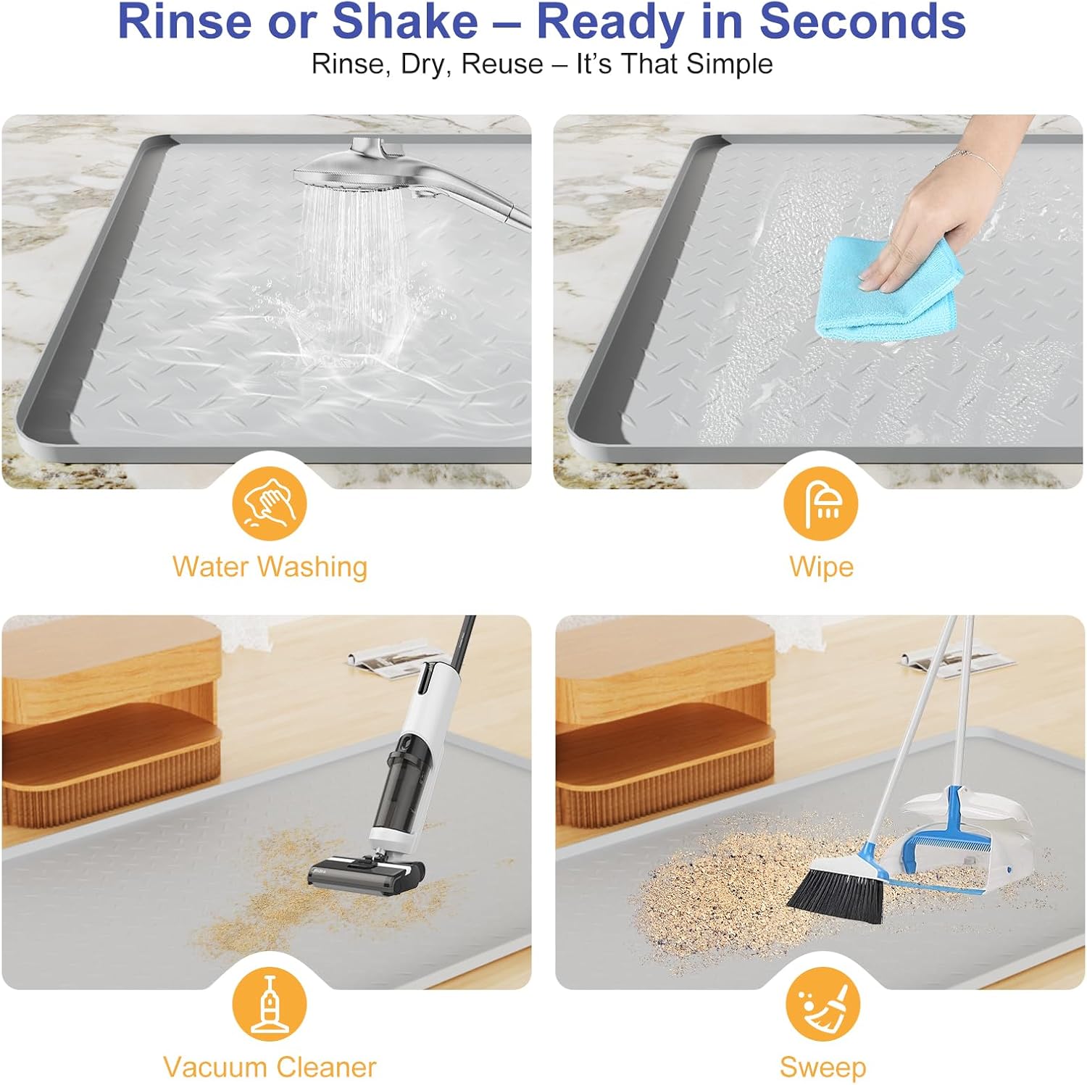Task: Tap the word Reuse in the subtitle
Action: [x=502, y=64]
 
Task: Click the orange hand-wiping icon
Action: [x=270, y=503]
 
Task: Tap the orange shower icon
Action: [x=821, y=503]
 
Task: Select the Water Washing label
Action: [x=270, y=567]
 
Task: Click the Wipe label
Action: [x=821, y=567]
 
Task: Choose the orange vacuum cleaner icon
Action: [x=270, y=1004]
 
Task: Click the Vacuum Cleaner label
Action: [x=270, y=1068]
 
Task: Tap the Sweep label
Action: [x=822, y=1068]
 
